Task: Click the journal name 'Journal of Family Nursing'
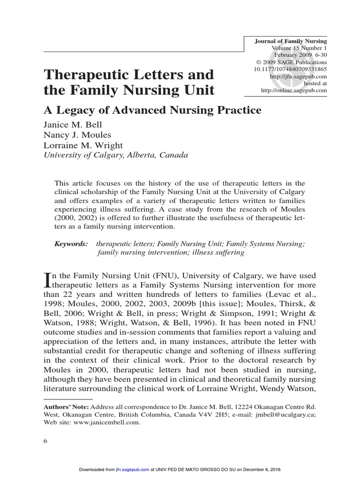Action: pos(290,41)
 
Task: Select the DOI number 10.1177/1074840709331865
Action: pos(286,69)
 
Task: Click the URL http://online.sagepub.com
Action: pos(293,90)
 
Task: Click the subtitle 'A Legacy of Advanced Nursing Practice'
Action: pos(152,110)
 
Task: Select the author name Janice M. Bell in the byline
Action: pos(73,125)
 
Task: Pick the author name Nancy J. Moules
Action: pos(77,135)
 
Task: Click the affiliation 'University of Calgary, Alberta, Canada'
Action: pos(116,155)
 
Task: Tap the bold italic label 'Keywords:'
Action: pos(71,244)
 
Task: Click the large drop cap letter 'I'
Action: pos(46,280)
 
